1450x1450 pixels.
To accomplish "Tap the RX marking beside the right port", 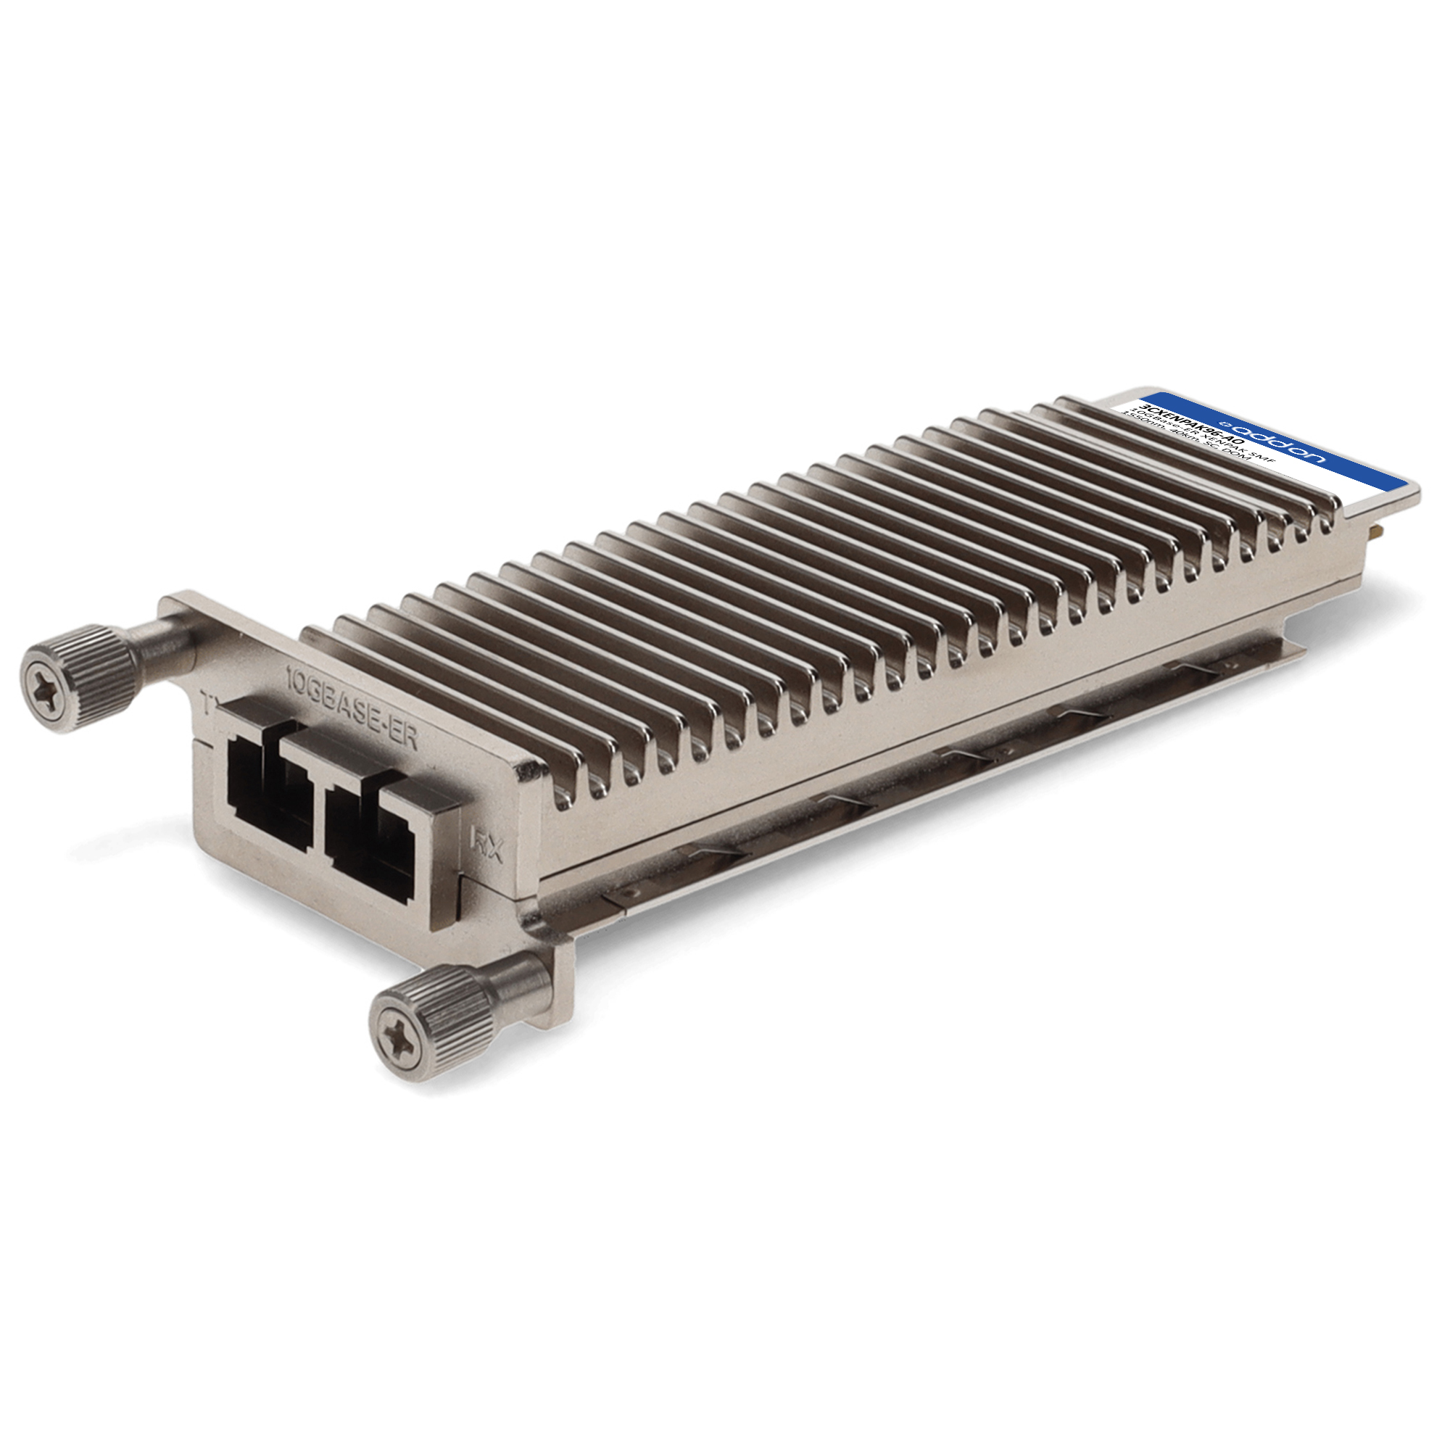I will click(x=486, y=845).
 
